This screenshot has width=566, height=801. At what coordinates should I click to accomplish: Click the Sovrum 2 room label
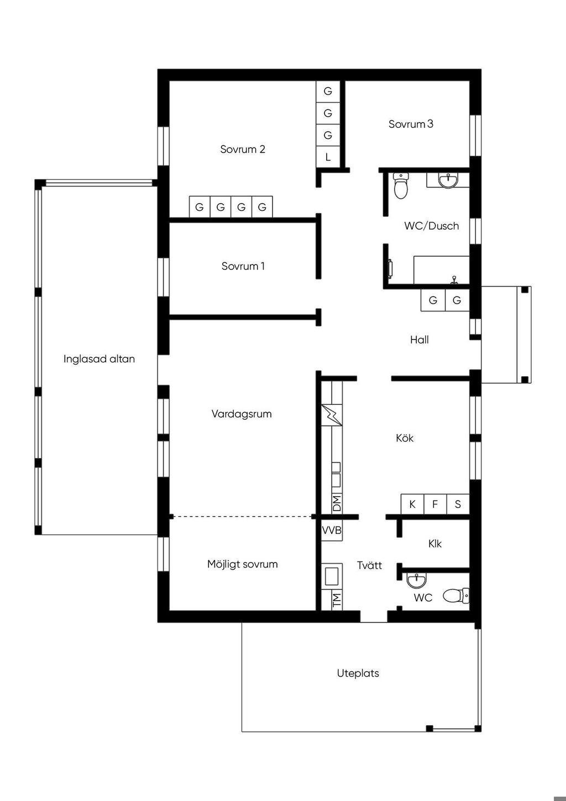click(x=243, y=149)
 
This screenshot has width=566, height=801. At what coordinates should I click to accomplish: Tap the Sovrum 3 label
click(x=411, y=124)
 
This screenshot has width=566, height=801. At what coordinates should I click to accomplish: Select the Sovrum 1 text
click(x=243, y=266)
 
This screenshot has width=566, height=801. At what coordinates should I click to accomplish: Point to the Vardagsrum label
click(x=242, y=414)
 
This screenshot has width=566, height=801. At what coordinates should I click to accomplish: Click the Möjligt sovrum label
click(x=242, y=564)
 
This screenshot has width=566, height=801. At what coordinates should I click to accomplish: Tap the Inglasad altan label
click(x=99, y=359)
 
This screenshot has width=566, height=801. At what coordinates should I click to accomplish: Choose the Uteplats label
click(x=358, y=673)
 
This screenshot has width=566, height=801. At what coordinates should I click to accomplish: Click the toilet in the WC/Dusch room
click(x=401, y=186)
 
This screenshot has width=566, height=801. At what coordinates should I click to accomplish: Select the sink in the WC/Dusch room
click(x=448, y=180)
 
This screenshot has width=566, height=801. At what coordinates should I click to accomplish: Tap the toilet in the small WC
click(x=456, y=595)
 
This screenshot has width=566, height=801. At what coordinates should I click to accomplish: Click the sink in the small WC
click(x=416, y=580)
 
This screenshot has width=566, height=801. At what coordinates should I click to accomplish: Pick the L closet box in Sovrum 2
click(x=328, y=157)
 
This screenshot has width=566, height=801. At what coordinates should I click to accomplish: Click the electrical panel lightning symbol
click(x=332, y=415)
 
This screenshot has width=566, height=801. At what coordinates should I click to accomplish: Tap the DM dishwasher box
click(x=337, y=503)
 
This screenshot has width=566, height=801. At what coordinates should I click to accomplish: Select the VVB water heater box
click(x=332, y=530)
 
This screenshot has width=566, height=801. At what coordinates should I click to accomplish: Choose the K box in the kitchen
click(x=412, y=504)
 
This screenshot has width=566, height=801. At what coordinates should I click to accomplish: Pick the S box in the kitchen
click(x=458, y=504)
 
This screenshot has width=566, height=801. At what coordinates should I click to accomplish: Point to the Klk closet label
click(x=435, y=544)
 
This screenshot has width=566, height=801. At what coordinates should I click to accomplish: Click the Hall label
click(x=420, y=340)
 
